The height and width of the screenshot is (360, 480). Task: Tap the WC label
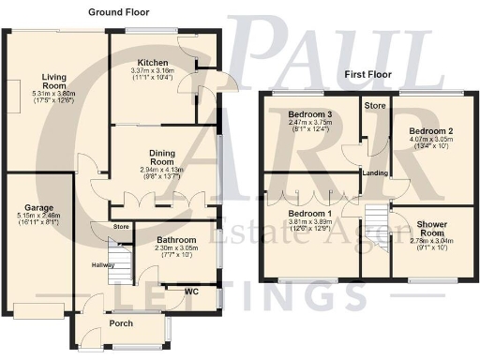pos(191,292)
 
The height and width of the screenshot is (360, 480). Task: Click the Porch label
pos(122,324)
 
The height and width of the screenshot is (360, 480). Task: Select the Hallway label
pos(103,265)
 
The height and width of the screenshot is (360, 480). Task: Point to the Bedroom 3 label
pos(308,113)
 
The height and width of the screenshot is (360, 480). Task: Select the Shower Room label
pos(431,230)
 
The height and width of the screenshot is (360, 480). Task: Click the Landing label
pos(375,173)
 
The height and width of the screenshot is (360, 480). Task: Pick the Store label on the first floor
pos(374,105)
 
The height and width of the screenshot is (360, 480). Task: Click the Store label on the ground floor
pos(121,226)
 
